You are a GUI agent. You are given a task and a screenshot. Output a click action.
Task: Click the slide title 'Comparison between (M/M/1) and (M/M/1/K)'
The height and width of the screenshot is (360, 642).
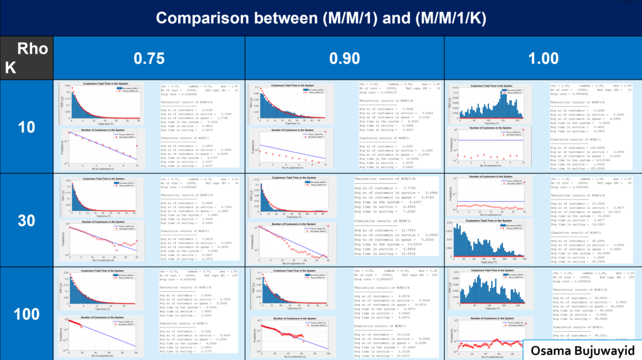click(320, 18)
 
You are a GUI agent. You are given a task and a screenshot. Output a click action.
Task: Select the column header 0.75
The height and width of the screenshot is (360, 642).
click(149, 58)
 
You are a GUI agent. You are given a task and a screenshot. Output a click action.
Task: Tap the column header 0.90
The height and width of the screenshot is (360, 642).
click(344, 58)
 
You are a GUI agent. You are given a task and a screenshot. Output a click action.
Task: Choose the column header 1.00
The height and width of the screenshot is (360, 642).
click(543, 58)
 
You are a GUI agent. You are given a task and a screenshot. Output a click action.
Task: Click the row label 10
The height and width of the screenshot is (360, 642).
click(26, 127)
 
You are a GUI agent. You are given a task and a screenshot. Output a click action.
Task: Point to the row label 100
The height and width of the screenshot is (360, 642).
click(26, 313)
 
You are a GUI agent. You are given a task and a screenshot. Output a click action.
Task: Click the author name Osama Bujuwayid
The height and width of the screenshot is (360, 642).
click(582, 349)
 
